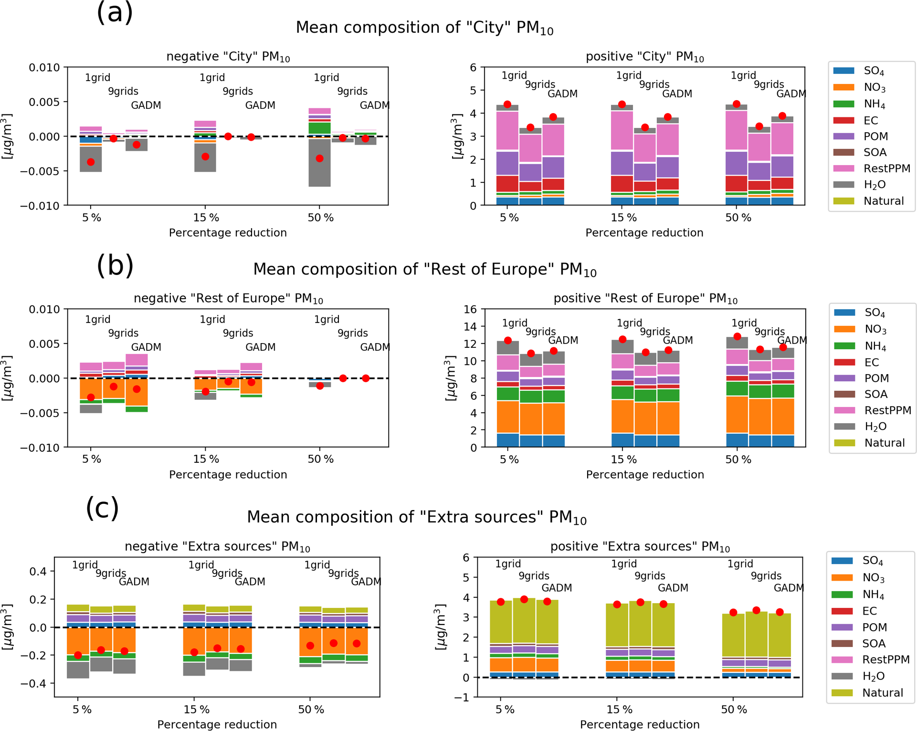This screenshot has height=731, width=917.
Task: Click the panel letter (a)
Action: coord(115,13)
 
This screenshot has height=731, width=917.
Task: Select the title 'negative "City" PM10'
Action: coord(228,57)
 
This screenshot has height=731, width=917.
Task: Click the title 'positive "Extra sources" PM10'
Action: coord(640,547)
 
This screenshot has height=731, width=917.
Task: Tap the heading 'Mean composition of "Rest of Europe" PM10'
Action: coord(424,270)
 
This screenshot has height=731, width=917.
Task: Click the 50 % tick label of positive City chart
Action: coord(738,218)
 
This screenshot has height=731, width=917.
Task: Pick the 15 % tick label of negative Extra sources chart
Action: coord(197,710)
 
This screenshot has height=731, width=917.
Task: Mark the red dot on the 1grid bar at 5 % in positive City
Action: coord(507,104)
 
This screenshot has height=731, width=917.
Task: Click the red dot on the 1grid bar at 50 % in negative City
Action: coord(319,158)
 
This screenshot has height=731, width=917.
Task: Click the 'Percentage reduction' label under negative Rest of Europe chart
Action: coord(228,475)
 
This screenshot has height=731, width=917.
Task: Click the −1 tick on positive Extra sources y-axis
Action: coord(466,697)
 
